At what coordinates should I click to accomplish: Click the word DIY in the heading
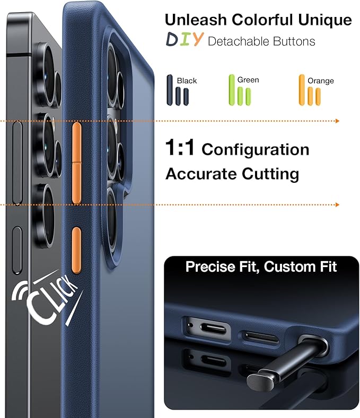[184, 40]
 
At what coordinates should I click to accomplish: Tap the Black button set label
[187, 81]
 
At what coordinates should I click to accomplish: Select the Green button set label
[248, 80]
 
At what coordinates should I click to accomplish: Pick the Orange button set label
[321, 81]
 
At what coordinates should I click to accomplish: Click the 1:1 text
[180, 149]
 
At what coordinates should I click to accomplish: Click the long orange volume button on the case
[76, 162]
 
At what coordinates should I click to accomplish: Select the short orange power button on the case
[76, 250]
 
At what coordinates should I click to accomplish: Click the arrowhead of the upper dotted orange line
[336, 121]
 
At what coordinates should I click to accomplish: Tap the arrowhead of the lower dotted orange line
[336, 204]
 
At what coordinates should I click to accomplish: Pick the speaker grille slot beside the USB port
[260, 337]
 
